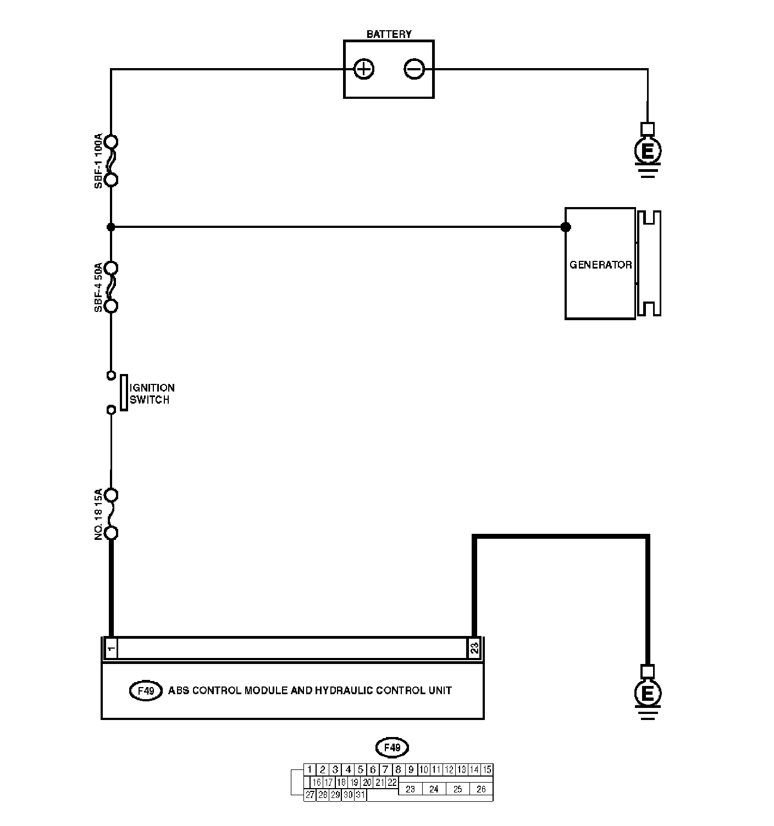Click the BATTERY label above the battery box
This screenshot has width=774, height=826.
[x=389, y=34]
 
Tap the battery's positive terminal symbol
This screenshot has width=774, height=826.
[x=364, y=69]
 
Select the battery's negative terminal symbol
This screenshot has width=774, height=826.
[x=414, y=69]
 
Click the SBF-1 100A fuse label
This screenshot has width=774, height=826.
[x=98, y=160]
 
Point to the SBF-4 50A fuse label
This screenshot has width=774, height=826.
[x=98, y=287]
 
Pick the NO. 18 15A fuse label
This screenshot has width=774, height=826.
[x=98, y=514]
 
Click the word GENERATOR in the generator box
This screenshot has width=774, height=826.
[x=600, y=265]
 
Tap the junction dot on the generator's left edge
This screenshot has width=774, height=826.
[x=566, y=227]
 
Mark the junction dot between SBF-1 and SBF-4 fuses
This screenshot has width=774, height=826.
[x=110, y=227]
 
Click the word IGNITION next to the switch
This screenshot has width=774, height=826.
[x=152, y=388]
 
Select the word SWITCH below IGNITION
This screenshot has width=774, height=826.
[x=150, y=400]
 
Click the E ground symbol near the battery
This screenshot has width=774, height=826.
[x=648, y=150]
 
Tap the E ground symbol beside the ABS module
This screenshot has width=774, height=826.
[x=648, y=693]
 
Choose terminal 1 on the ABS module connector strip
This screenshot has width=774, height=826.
[x=111, y=649]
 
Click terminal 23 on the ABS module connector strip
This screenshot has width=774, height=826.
[x=474, y=649]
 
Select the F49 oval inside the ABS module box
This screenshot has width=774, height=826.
[x=146, y=691]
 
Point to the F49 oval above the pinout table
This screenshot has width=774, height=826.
[x=392, y=747]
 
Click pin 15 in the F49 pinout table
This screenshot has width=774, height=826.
[x=486, y=769]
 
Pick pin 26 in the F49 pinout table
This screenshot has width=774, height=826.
[x=481, y=789]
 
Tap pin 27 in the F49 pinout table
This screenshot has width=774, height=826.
[x=310, y=795]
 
